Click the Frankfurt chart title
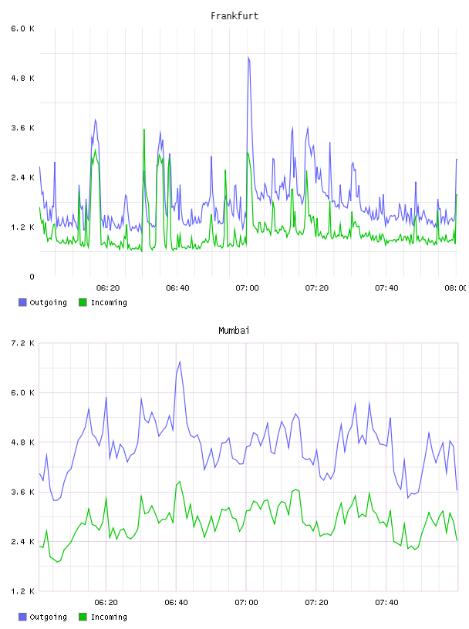tap(235, 16)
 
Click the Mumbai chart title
tap(234, 331)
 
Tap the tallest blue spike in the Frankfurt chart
tap(248, 57)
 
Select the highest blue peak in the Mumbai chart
tap(180, 362)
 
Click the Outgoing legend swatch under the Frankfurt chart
tap(22, 302)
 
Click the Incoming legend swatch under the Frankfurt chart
tap(83, 302)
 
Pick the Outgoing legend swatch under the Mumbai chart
tap(22, 617)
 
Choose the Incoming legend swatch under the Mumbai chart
tap(83, 617)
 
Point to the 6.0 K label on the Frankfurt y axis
tap(23, 29)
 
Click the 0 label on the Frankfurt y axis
tap(32, 277)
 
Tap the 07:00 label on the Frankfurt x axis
tap(247, 288)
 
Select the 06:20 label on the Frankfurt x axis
tap(108, 288)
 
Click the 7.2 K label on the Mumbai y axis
tap(23, 343)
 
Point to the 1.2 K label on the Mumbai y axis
tap(23, 591)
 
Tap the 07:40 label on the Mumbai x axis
tap(386, 603)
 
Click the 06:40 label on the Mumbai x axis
tap(177, 603)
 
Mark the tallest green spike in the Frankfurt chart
tap(143, 129)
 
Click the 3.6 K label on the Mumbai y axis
tap(23, 493)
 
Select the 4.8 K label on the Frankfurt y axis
tap(23, 78)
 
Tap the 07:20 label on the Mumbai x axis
tap(317, 603)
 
